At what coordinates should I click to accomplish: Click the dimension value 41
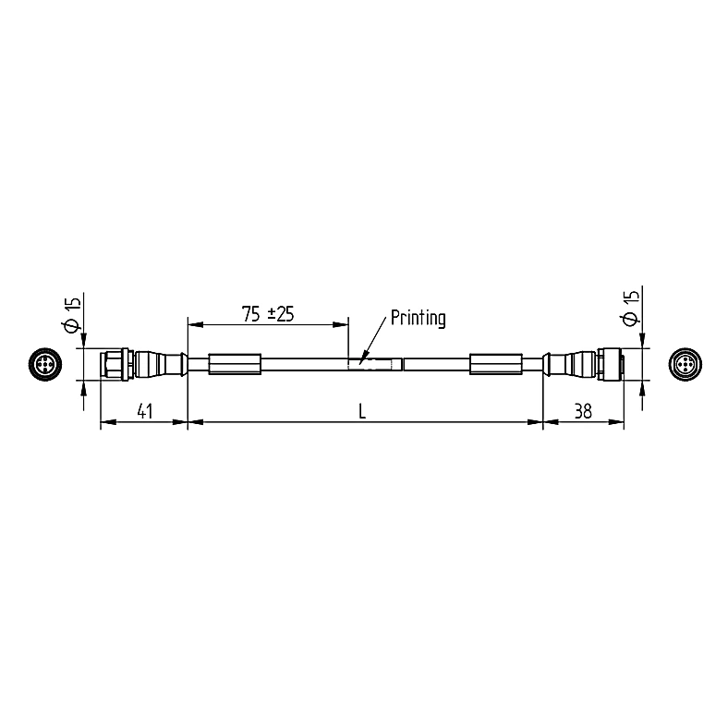(145, 411)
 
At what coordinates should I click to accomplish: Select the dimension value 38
(583, 411)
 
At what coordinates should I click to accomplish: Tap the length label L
(362, 411)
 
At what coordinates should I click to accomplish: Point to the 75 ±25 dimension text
(268, 314)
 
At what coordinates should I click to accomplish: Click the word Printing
(419, 318)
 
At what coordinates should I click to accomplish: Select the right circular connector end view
(685, 365)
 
